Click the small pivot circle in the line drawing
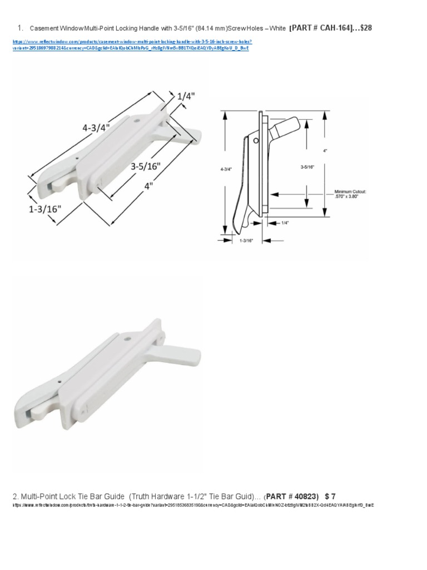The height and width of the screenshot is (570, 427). (256, 141)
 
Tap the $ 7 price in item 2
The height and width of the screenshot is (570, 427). (330, 496)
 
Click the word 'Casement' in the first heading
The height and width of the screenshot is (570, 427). (42, 28)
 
